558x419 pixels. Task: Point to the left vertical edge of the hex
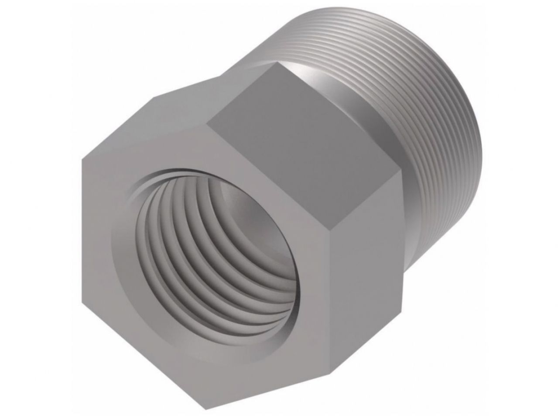(82, 231)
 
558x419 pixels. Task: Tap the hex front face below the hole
(196, 375)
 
